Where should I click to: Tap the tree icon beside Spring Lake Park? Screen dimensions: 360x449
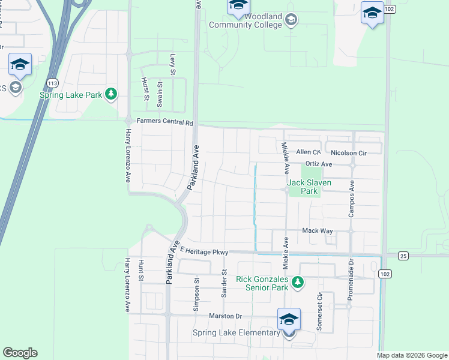tap(111, 94)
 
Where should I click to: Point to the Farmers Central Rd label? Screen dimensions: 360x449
tap(164, 122)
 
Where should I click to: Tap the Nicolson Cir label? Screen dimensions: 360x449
tap(348, 153)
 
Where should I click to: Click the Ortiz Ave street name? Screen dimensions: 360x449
tap(318, 164)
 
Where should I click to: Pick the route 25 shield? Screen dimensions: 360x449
tap(403, 256)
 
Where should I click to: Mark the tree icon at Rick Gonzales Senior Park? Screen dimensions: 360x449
tap(296, 281)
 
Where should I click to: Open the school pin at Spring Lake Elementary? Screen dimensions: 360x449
tap(289, 319)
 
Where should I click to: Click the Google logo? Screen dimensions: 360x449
tap(20, 353)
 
